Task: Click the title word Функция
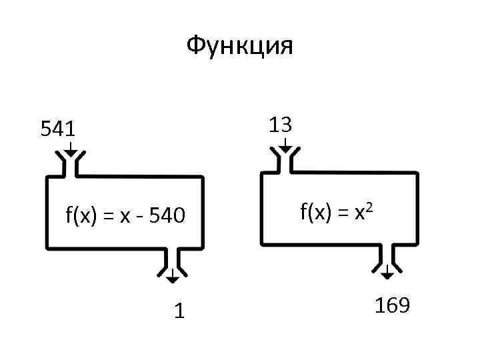click(240, 47)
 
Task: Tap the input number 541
click(58, 129)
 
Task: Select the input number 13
click(281, 125)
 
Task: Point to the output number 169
click(392, 306)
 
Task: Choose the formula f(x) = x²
click(340, 213)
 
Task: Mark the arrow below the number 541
click(70, 149)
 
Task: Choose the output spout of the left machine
click(172, 261)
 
